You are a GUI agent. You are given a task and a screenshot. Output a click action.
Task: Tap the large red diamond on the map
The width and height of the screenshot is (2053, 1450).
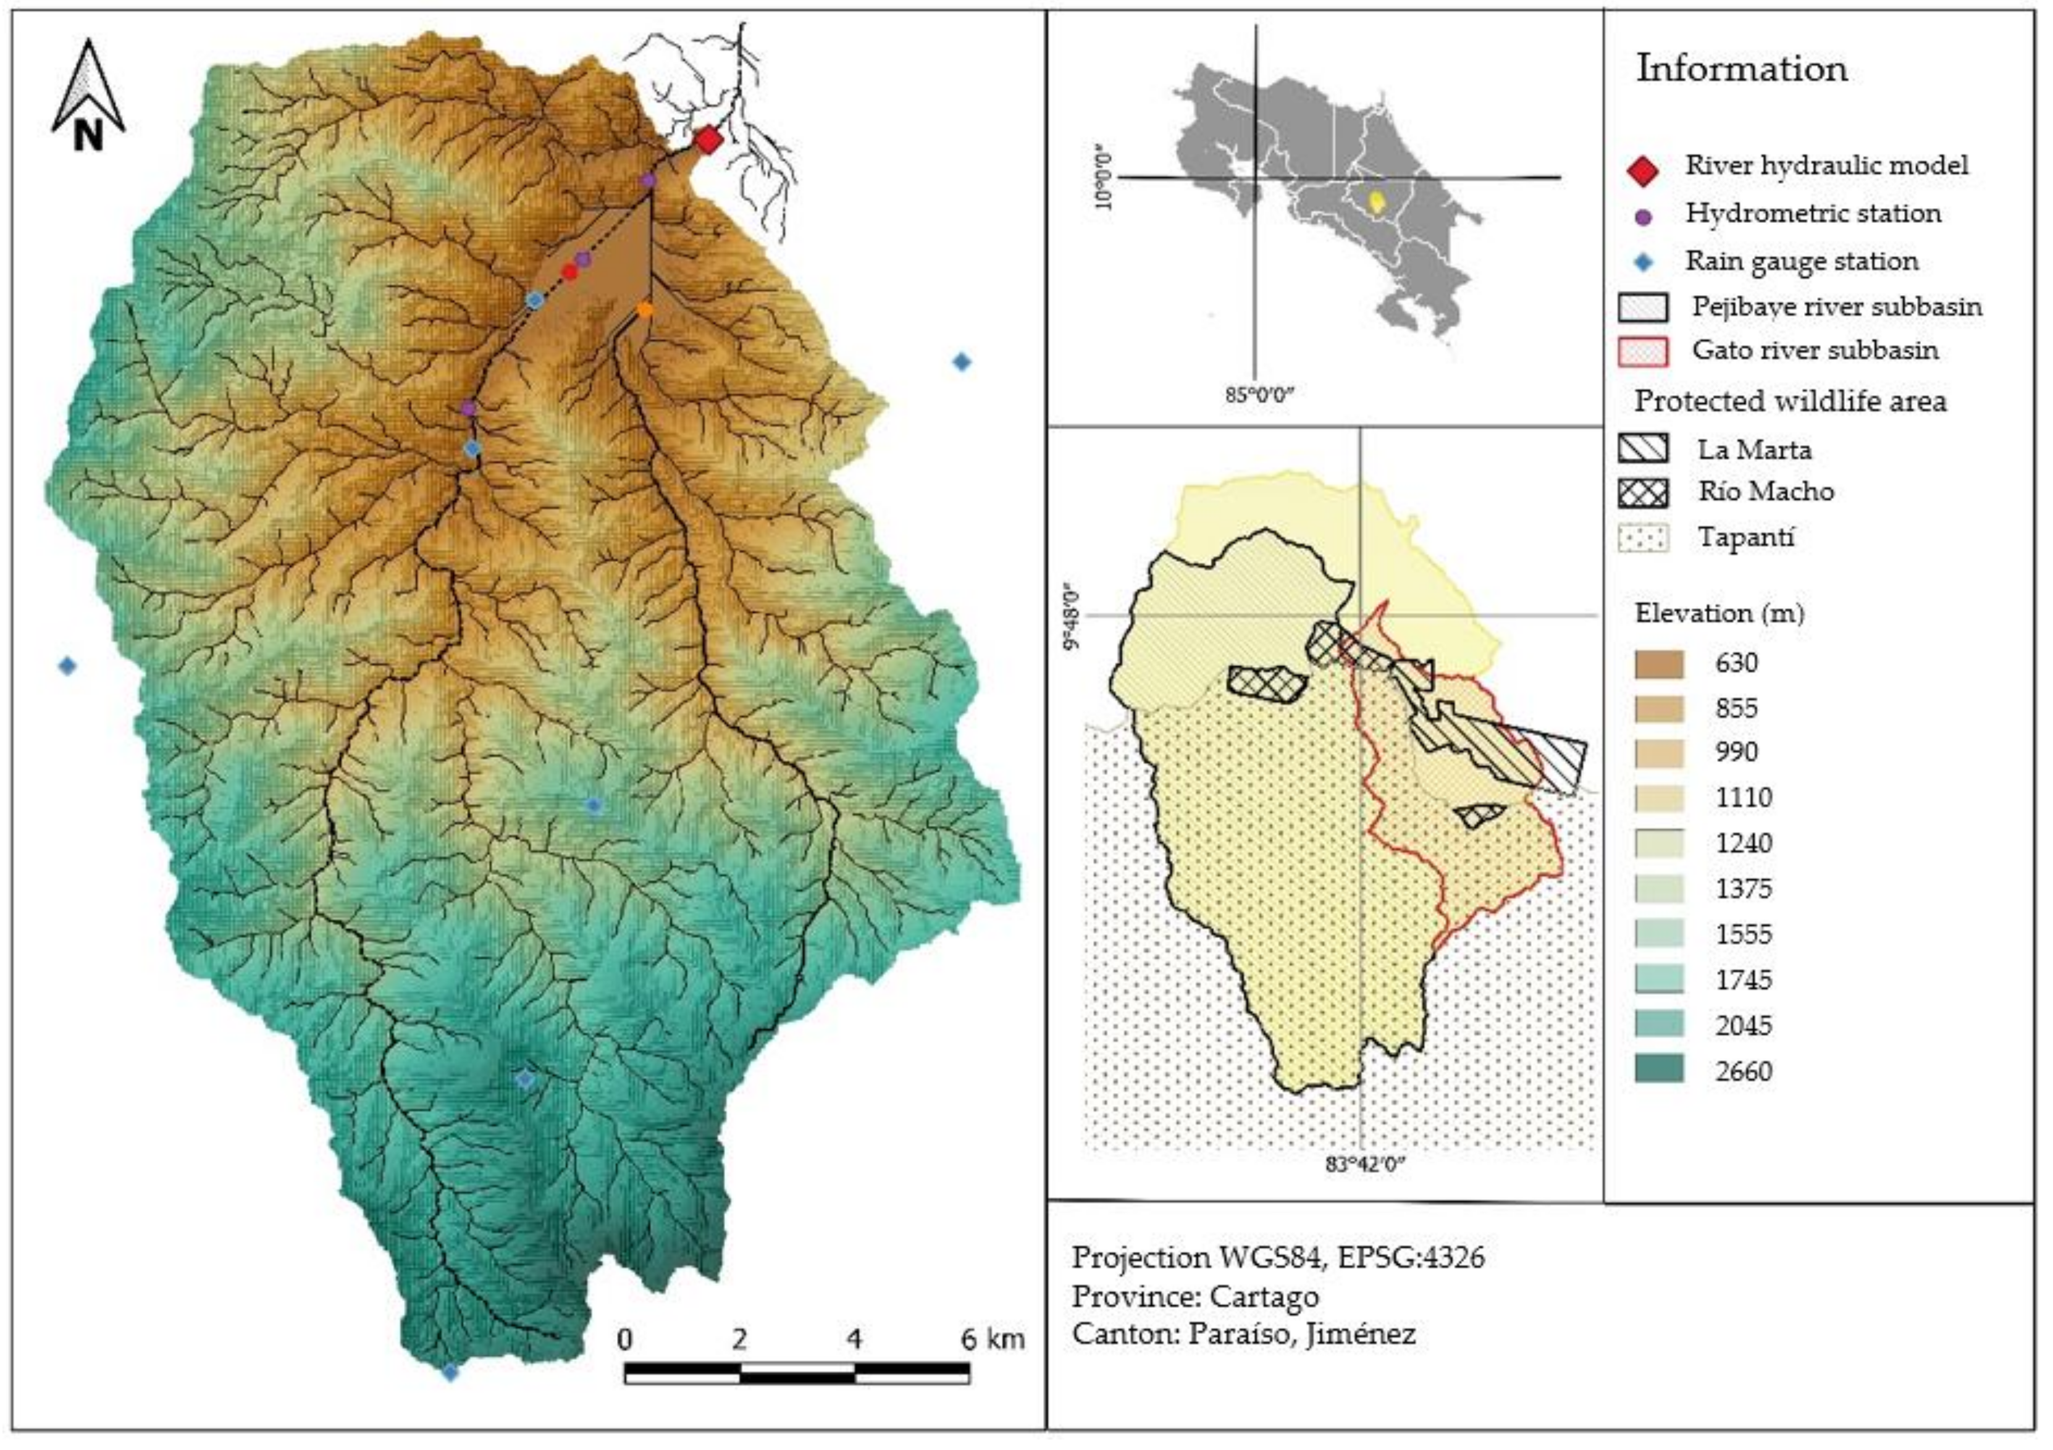pos(708,140)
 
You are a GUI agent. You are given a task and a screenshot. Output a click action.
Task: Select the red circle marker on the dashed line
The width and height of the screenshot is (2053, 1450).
pos(569,271)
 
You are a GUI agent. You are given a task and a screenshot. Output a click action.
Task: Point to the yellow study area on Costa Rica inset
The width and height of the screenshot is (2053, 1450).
pos(1378,201)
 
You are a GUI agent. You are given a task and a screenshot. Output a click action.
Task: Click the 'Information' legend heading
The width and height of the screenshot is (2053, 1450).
pos(1741,69)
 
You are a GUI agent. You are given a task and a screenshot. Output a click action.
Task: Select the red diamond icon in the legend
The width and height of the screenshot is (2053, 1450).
pos(1642,170)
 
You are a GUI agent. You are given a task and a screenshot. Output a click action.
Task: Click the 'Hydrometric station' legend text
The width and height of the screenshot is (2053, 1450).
pos(1813,214)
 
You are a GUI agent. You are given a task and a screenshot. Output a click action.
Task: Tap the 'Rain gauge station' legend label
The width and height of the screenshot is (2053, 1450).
pos(1801,261)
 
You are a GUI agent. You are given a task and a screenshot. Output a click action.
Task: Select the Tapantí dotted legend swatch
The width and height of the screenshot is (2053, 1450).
pos(1642,538)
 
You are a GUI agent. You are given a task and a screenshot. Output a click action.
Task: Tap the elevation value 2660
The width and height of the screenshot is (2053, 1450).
pos(1743,1071)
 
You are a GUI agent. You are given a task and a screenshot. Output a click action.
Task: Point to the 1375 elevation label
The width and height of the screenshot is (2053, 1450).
pos(1743,889)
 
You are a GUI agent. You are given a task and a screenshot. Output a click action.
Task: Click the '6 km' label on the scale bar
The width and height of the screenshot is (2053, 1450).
pos(992,1339)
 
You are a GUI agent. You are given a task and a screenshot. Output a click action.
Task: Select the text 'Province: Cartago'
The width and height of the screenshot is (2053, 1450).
pos(1194,1296)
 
